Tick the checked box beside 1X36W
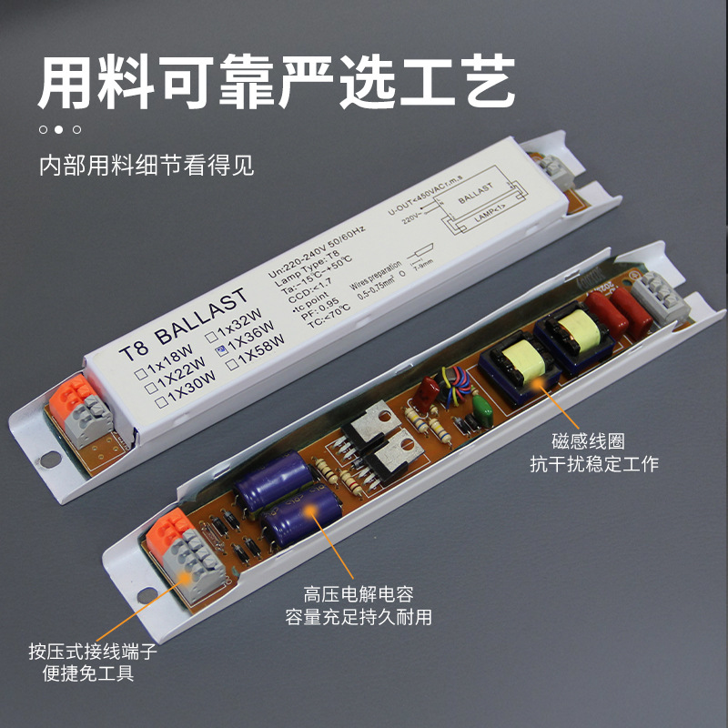[x=220, y=349]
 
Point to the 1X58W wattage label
[x=260, y=351]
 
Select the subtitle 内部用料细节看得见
[x=146, y=167]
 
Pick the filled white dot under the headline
[x=59, y=129]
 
